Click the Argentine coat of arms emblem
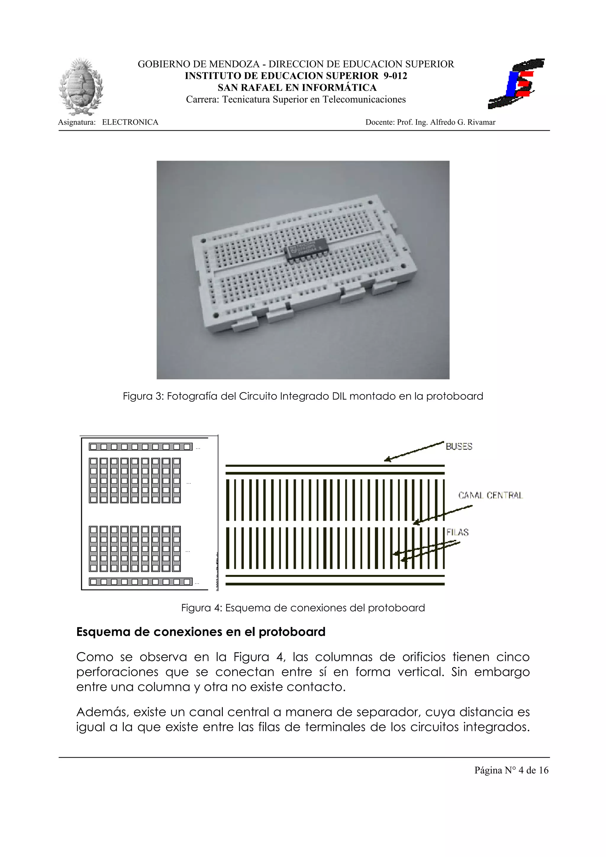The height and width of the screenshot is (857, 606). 81,87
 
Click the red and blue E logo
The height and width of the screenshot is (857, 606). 516,84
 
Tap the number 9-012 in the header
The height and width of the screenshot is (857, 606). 395,76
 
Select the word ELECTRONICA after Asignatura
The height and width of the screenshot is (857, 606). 130,122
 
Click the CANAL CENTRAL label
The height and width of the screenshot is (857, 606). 490,495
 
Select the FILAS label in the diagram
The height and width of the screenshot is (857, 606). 457,532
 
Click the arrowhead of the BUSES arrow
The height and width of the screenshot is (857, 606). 387,460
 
